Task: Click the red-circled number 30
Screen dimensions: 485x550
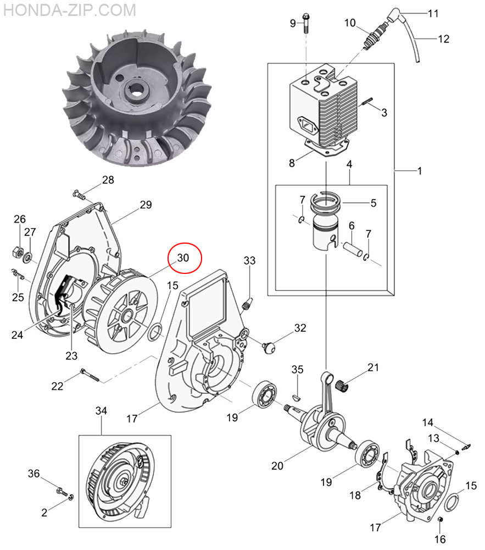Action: coord(183,258)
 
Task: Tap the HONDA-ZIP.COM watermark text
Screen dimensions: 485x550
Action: coord(70,10)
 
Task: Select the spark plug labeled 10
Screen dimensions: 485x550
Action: coord(375,34)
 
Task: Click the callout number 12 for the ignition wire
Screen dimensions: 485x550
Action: coord(444,38)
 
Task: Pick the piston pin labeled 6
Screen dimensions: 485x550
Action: coord(353,249)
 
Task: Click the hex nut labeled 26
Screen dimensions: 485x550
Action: coord(17,251)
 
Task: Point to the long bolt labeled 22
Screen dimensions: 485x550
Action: coord(90,375)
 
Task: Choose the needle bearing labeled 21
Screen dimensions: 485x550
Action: coord(343,386)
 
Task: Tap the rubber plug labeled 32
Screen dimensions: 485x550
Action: coord(269,348)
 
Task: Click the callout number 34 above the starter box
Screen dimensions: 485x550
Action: coord(101,410)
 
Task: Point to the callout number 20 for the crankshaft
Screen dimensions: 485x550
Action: coord(277,465)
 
